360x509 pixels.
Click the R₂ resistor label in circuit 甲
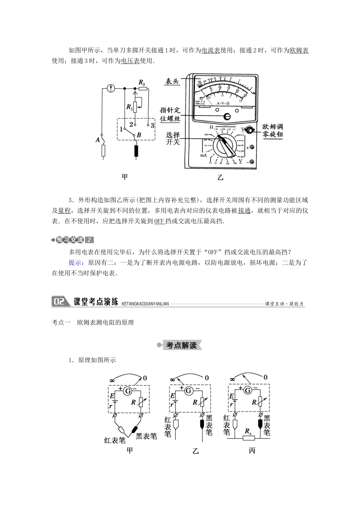pos(142,82)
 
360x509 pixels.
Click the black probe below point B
pos(136,151)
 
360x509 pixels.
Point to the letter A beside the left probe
pos(97,140)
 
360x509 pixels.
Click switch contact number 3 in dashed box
pos(152,125)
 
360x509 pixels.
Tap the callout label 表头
pos(172,81)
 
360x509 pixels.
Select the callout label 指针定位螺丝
pos(170,114)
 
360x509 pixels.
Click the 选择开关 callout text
pos(173,139)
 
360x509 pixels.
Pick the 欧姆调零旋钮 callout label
pos(273,130)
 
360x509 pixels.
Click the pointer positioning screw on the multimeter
pos(227,117)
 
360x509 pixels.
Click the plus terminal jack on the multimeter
pos(251,148)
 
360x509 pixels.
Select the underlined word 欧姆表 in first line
pos(299,50)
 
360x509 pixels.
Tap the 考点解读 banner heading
pos(182,345)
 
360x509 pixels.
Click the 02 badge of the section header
pos(59,301)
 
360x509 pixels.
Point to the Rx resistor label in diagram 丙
pos(248,431)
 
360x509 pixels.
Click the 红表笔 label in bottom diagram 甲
pos(115,440)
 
